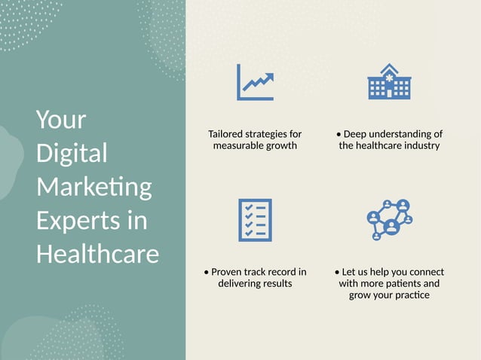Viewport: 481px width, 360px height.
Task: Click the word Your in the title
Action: (x=61, y=120)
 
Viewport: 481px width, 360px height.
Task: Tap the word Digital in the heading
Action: (x=72, y=153)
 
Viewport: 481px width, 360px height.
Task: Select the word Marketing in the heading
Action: (x=93, y=187)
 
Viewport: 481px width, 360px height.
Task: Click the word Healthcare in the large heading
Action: (x=97, y=253)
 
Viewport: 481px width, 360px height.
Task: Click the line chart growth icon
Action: (x=255, y=82)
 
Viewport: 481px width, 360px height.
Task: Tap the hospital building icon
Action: (x=389, y=81)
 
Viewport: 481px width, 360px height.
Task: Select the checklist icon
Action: (x=255, y=220)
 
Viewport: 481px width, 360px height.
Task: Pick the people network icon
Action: (x=389, y=219)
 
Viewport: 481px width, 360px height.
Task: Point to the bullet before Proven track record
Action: (x=207, y=272)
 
